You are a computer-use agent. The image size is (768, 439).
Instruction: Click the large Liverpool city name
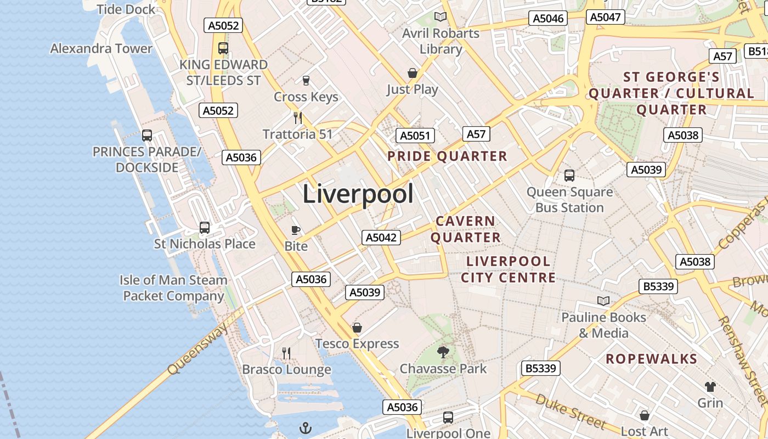[358, 194]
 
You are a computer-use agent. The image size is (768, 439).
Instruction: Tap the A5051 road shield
[415, 136]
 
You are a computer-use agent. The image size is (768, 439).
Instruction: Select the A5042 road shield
[381, 238]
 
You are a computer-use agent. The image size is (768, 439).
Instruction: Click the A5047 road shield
[605, 17]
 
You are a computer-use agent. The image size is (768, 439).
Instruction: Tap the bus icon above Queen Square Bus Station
[569, 176]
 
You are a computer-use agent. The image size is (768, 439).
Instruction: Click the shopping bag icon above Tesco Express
[357, 328]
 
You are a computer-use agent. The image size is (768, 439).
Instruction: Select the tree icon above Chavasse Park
[443, 352]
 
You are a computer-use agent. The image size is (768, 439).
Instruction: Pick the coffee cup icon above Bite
[296, 230]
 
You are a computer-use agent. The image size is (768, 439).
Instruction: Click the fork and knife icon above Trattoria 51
[297, 117]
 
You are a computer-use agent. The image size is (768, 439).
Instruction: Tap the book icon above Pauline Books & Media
[603, 301]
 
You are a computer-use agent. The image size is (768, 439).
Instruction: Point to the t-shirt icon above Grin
[710, 386]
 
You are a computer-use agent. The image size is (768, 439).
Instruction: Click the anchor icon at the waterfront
[305, 428]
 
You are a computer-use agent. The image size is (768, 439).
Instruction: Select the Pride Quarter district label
[447, 156]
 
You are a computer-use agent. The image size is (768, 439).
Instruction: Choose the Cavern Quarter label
[465, 229]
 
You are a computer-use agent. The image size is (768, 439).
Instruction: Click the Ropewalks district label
[651, 359]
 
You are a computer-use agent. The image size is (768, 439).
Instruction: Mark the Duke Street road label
[571, 411]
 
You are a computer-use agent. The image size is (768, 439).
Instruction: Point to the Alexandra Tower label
[101, 48]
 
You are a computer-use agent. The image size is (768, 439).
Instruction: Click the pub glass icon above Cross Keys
[306, 81]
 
